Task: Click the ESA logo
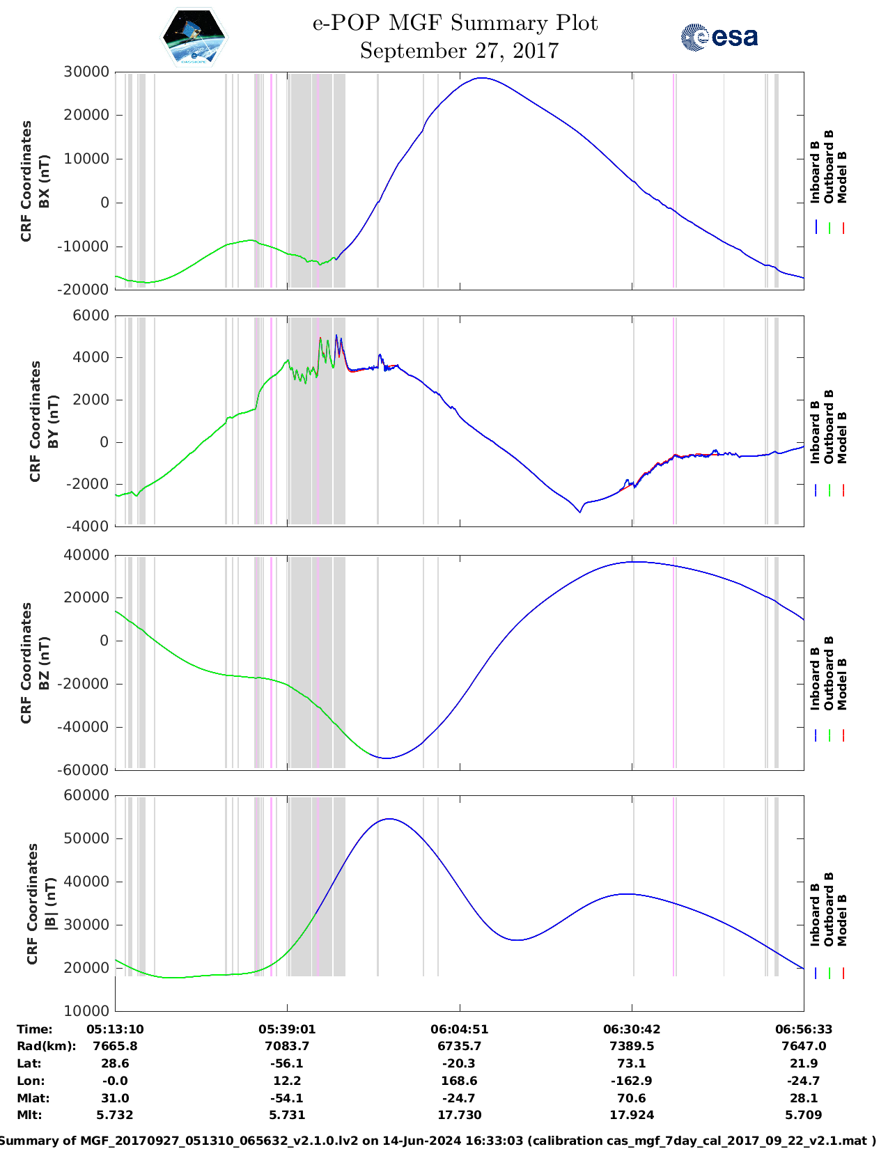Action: point(719,37)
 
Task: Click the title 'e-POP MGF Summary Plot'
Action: point(455,23)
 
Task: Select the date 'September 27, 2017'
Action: point(459,51)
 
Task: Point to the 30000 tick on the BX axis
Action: point(86,72)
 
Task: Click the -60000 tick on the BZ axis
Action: point(84,769)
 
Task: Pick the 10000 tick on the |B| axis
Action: point(86,1010)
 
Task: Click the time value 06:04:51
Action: point(459,1029)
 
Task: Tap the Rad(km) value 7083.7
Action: point(287,1046)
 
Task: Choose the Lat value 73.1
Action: point(631,1063)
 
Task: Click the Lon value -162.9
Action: point(631,1081)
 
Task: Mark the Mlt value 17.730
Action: point(459,1115)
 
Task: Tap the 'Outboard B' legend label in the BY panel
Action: point(829,426)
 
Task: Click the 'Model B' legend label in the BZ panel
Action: point(842,684)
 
